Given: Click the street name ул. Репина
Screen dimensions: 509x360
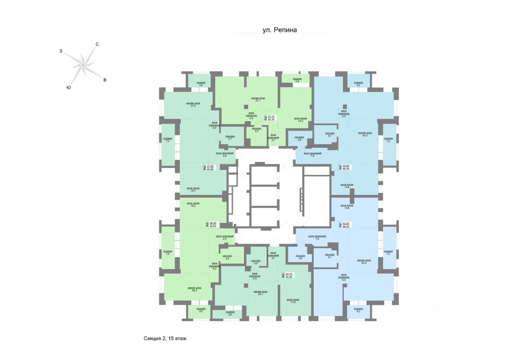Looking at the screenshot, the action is (279, 29).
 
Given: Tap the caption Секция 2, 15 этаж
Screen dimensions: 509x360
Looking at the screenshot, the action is (165, 339).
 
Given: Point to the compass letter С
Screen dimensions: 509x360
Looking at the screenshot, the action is (97, 44).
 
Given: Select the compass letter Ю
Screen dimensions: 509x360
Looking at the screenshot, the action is (69, 87).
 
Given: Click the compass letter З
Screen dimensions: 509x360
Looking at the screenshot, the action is (61, 51).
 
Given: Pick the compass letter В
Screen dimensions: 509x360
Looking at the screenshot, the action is (105, 80).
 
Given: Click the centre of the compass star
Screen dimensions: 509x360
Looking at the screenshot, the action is (83, 65).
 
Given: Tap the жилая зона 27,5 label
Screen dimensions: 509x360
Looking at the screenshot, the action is (193, 105).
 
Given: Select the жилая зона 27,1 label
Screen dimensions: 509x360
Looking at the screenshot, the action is (258, 99).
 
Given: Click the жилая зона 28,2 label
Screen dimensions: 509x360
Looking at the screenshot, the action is (194, 289).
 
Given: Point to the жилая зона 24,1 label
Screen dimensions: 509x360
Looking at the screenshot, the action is (260, 293).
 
